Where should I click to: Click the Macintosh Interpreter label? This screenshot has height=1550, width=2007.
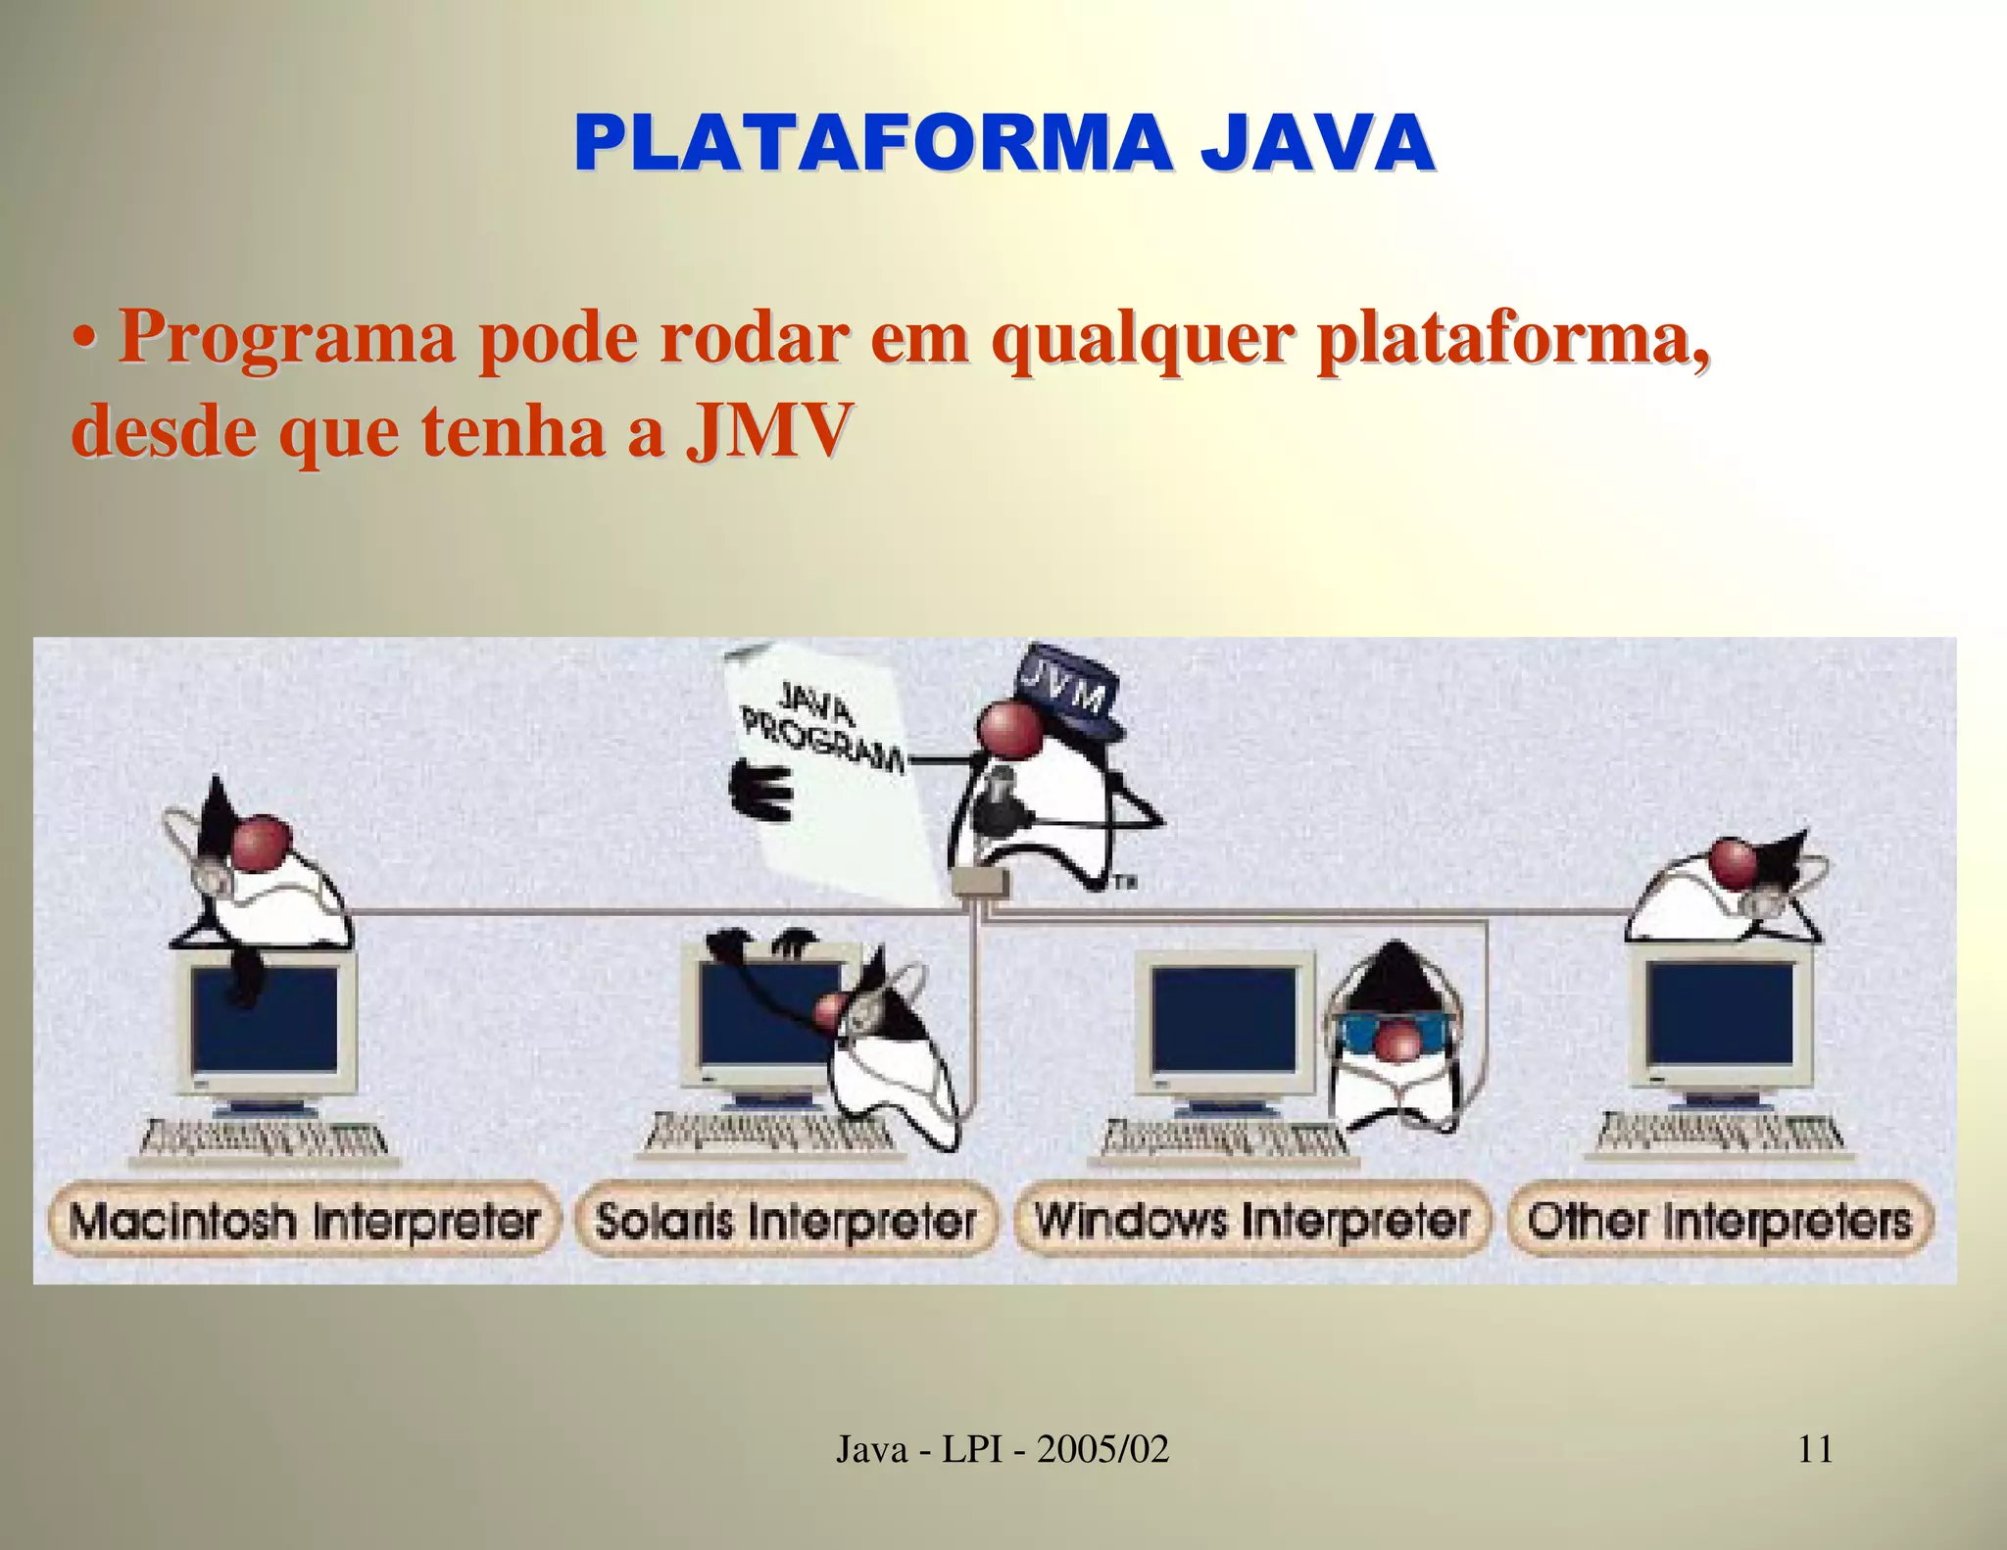click(304, 1221)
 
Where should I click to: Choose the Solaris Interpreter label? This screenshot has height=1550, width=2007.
click(786, 1221)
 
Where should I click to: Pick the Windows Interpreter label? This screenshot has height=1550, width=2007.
click(1252, 1221)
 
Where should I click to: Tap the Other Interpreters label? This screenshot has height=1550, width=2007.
click(1720, 1221)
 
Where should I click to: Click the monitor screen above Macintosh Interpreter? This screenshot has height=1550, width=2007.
click(266, 1019)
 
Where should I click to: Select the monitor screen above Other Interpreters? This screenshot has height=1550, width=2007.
click(1722, 1015)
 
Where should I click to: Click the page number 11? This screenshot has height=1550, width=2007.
click(1815, 1448)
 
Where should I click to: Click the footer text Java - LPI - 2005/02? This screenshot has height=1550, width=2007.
click(1003, 1448)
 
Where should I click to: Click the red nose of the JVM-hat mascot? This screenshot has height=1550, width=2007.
click(1009, 729)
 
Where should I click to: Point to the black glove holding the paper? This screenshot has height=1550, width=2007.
click(762, 790)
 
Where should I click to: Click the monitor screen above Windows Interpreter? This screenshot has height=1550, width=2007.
click(1223, 1019)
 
